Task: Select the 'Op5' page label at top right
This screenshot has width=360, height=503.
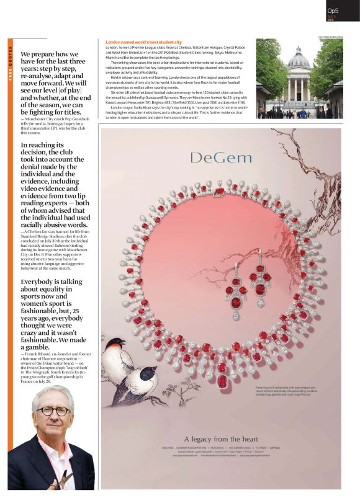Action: coord(333,11)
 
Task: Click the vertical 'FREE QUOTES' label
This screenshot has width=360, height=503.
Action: coord(11,63)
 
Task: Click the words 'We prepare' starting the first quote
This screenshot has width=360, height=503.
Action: coord(37,54)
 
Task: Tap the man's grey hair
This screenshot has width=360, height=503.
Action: coord(52,393)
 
